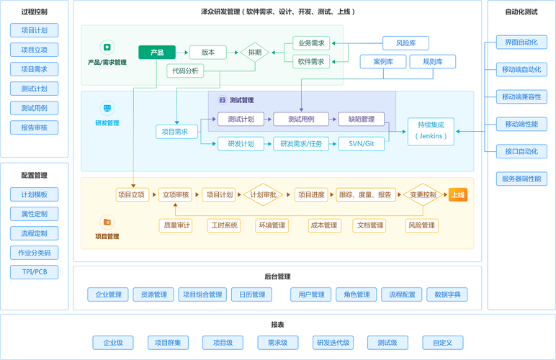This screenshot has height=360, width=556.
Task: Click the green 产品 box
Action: point(157,52)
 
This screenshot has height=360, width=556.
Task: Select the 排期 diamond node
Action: point(254,52)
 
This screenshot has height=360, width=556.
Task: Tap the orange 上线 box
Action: point(458,194)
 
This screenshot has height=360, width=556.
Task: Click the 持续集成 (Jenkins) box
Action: point(432,130)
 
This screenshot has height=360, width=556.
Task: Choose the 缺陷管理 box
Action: point(361,119)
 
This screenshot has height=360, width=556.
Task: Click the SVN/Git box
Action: point(361,144)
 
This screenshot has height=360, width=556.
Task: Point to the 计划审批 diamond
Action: point(264,194)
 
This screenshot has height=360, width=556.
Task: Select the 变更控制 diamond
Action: point(423,194)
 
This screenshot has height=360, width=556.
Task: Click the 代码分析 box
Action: point(185,71)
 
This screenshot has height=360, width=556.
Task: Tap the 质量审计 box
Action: point(176,225)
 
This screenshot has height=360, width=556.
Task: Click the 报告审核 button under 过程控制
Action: point(34,127)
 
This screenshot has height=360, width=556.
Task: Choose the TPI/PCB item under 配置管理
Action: point(34,272)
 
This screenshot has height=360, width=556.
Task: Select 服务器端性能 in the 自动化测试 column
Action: point(521,179)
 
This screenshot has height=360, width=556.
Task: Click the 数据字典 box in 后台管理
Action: point(447,294)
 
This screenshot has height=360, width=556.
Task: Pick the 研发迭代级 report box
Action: point(333,343)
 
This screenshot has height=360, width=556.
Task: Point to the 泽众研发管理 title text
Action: point(278,12)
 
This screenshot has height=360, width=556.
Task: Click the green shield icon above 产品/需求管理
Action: point(107,46)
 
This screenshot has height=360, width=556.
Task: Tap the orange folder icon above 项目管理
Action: point(107,222)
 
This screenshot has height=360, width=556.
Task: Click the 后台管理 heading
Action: point(277,276)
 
